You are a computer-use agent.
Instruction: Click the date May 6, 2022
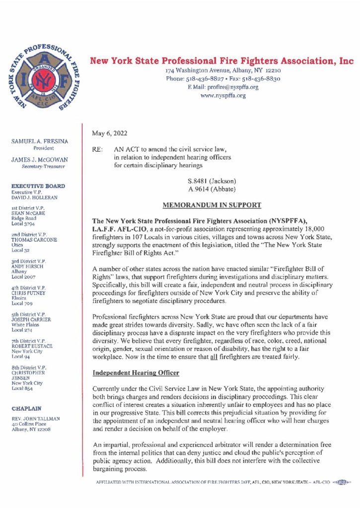[x=109, y=132]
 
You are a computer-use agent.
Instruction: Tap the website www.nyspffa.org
[x=223, y=95]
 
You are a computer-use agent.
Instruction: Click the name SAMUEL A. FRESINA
[x=40, y=142]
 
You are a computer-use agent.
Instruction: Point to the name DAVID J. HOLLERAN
[x=34, y=197]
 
